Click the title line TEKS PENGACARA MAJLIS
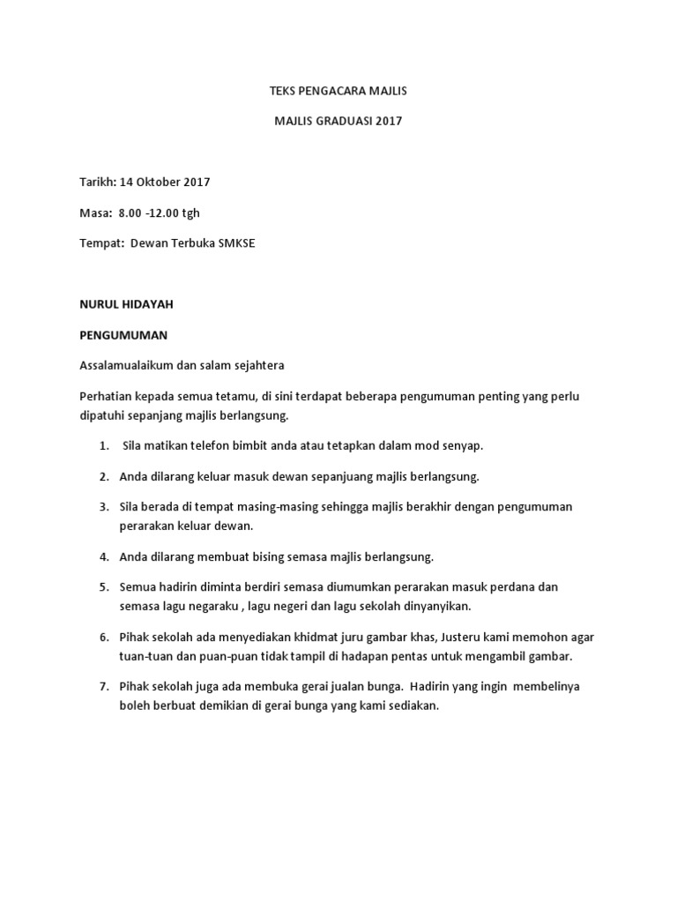tap(338, 91)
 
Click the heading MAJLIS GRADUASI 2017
tap(338, 121)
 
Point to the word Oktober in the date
tap(160, 183)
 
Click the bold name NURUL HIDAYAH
tap(127, 304)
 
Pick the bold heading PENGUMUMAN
tap(123, 336)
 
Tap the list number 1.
tap(103, 446)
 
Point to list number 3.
tap(103, 507)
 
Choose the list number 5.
tap(103, 586)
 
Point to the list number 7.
tap(103, 686)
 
